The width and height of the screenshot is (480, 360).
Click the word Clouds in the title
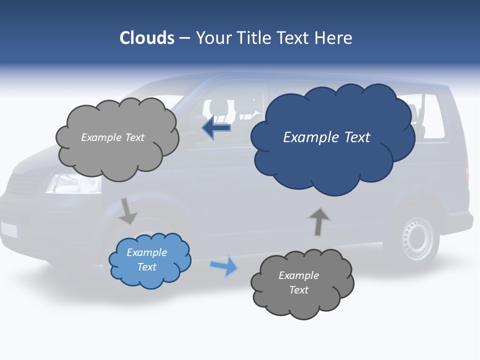tap(147, 38)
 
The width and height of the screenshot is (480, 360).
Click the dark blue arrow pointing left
tap(216, 128)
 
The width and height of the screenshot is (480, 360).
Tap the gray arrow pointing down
tap(128, 211)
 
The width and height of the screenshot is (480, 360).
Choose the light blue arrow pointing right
tap(224, 266)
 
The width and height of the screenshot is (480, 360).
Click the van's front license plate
tap(9, 230)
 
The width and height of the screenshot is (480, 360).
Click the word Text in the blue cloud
tap(352, 137)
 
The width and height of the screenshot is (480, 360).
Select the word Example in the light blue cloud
tap(146, 252)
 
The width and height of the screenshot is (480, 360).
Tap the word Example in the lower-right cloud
tap(298, 275)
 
